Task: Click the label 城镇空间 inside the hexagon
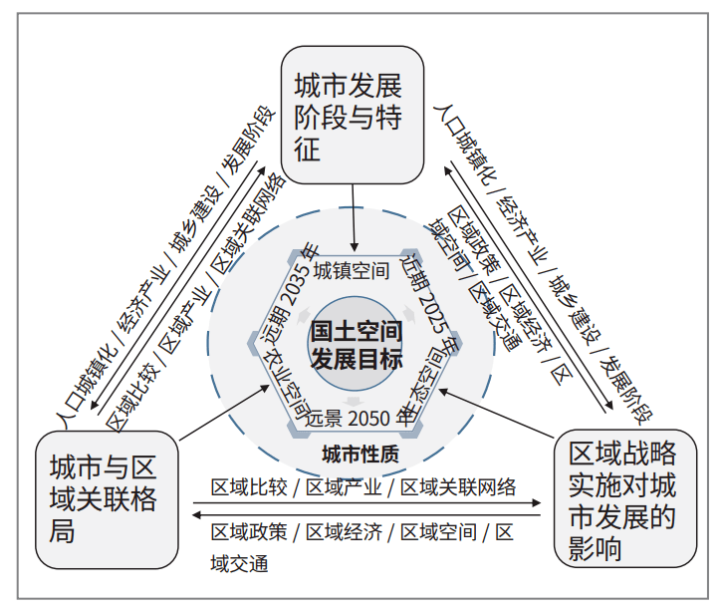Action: click(x=351, y=270)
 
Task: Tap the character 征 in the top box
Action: click(x=309, y=151)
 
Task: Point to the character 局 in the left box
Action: click(x=63, y=530)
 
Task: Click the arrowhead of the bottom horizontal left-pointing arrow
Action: click(x=196, y=514)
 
